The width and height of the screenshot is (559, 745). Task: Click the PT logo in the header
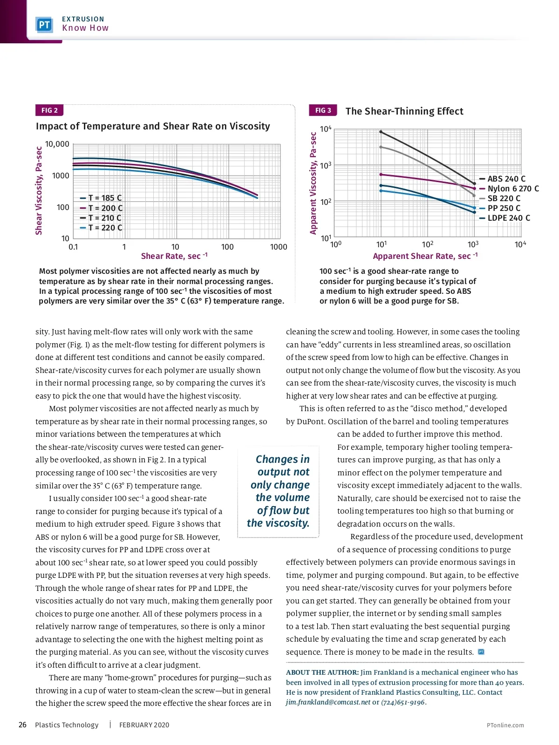click(x=44, y=25)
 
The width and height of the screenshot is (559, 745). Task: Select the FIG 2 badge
click(x=49, y=110)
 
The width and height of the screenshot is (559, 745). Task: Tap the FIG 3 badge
click(x=323, y=110)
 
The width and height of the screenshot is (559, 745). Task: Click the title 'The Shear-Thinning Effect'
click(x=404, y=111)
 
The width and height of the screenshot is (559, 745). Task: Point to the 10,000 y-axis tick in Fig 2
click(x=57, y=144)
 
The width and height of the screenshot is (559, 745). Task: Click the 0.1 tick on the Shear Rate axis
click(x=73, y=247)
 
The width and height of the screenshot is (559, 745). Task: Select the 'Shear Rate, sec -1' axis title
click(x=174, y=256)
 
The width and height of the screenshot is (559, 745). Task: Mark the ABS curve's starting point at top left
click(x=381, y=132)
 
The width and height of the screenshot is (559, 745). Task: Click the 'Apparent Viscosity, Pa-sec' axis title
click(x=314, y=183)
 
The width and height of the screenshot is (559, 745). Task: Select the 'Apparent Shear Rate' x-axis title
click(x=425, y=256)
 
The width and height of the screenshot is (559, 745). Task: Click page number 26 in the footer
click(x=22, y=725)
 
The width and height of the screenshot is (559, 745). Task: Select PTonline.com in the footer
click(x=505, y=725)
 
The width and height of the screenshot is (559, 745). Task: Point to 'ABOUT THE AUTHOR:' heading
click(x=322, y=672)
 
